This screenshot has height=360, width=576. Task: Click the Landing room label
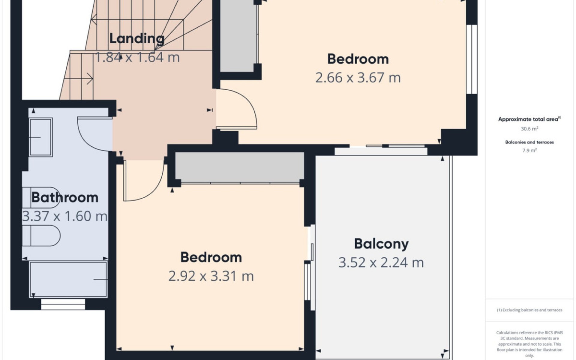[137, 38]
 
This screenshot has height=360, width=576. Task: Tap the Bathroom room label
[65, 197]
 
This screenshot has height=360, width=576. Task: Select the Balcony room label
[381, 244]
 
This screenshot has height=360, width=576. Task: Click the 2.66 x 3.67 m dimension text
[358, 78]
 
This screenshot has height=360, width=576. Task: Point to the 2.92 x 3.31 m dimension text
[211, 276]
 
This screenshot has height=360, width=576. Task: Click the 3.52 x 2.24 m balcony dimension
[381, 263]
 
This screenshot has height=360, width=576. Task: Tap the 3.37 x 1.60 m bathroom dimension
[65, 216]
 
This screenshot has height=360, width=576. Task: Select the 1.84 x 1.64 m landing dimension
[137, 57]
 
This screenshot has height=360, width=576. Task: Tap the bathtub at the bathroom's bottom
[68, 280]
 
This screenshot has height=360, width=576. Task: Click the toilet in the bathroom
[42, 236]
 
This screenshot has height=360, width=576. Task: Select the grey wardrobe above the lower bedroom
[239, 167]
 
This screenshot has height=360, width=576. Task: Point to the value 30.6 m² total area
[529, 129]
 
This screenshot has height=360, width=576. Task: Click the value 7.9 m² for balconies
[529, 150]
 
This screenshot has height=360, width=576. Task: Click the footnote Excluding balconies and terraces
[529, 310]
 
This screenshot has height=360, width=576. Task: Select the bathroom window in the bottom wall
[63, 304]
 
